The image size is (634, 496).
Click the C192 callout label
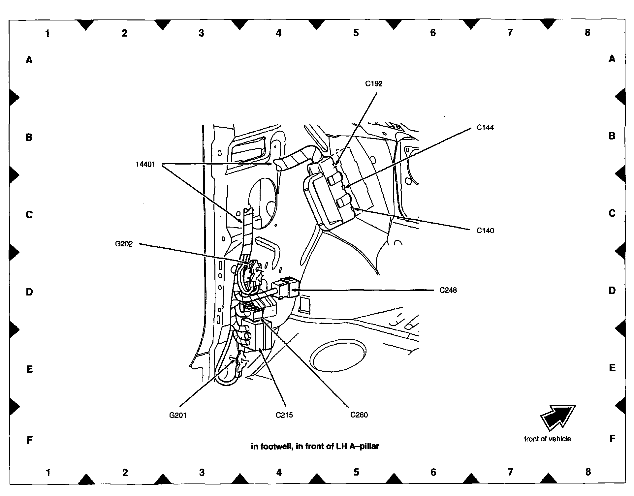[373, 84]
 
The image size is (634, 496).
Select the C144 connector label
[485, 128]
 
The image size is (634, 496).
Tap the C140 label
[485, 231]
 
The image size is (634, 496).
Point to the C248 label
[448, 290]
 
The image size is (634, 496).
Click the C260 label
[359, 415]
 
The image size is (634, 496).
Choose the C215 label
[284, 415]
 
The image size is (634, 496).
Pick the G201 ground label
[178, 415]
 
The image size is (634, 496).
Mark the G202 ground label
[124, 244]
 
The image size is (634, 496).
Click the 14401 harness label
[145, 164]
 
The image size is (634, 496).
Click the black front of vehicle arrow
[557, 417]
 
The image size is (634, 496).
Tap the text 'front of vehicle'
[547, 439]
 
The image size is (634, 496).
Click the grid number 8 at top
[587, 33]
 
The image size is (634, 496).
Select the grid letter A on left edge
[29, 60]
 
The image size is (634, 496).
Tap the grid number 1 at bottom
[48, 473]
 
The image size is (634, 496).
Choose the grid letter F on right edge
[612, 439]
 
